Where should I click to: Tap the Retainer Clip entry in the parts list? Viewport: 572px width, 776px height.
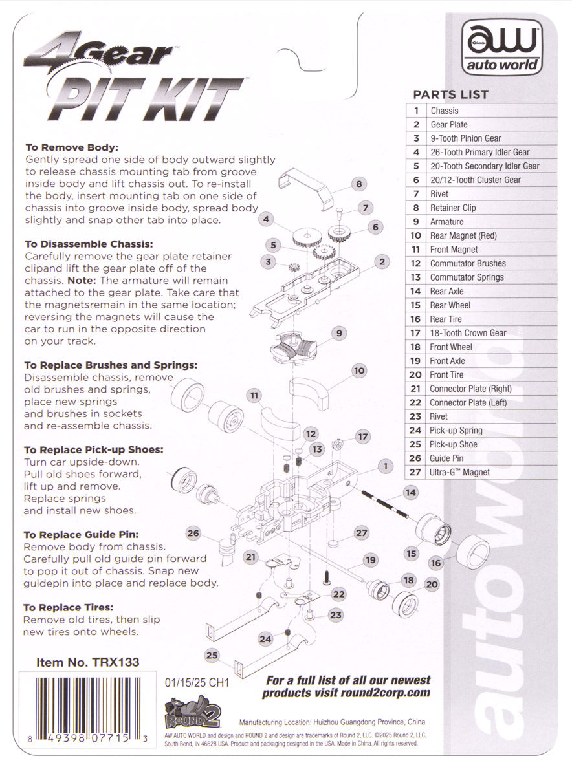pyautogui.click(x=453, y=208)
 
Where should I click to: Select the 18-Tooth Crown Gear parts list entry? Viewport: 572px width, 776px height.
pyautogui.click(x=467, y=333)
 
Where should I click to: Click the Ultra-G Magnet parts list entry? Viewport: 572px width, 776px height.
pyautogui.click(x=459, y=472)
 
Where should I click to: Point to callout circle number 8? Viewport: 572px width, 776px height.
pyautogui.click(x=358, y=184)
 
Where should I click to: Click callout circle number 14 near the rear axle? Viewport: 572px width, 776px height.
pyautogui.click(x=410, y=492)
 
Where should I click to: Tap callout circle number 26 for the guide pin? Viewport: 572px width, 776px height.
pyautogui.click(x=193, y=533)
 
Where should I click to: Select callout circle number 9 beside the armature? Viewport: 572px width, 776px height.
pyautogui.click(x=338, y=334)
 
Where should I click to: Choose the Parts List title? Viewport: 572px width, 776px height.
pyautogui.click(x=450, y=94)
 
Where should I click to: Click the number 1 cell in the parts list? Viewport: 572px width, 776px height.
pyautogui.click(x=417, y=111)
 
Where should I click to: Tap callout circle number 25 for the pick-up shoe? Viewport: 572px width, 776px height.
pyautogui.click(x=212, y=655)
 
